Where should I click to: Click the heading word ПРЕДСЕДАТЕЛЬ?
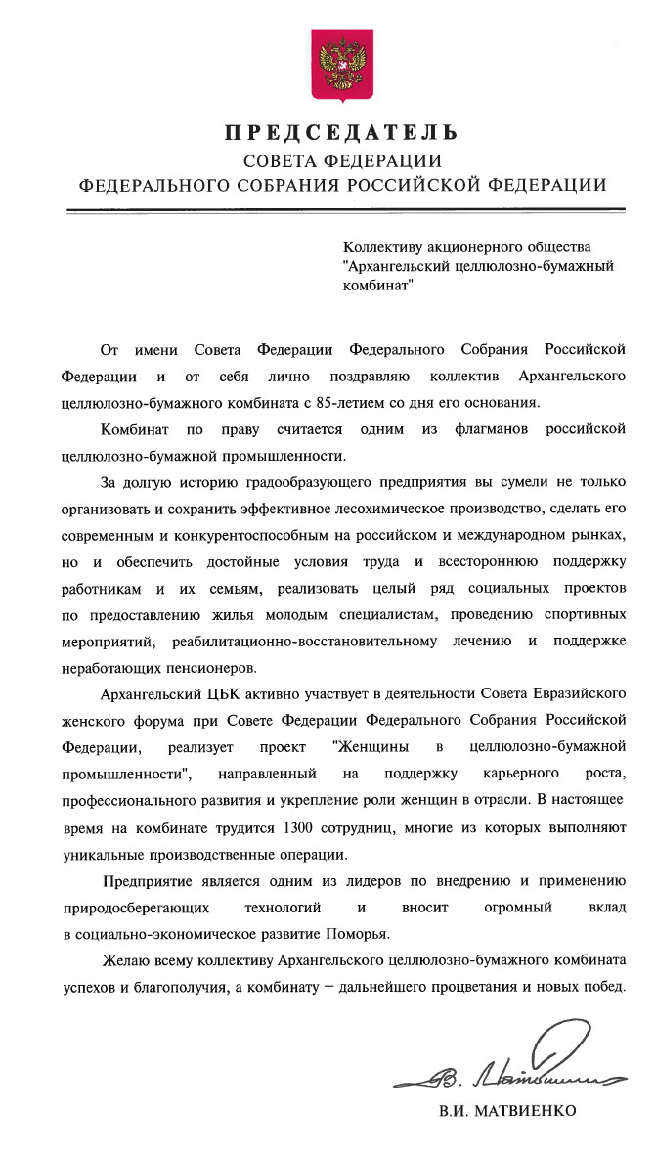(342, 132)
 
